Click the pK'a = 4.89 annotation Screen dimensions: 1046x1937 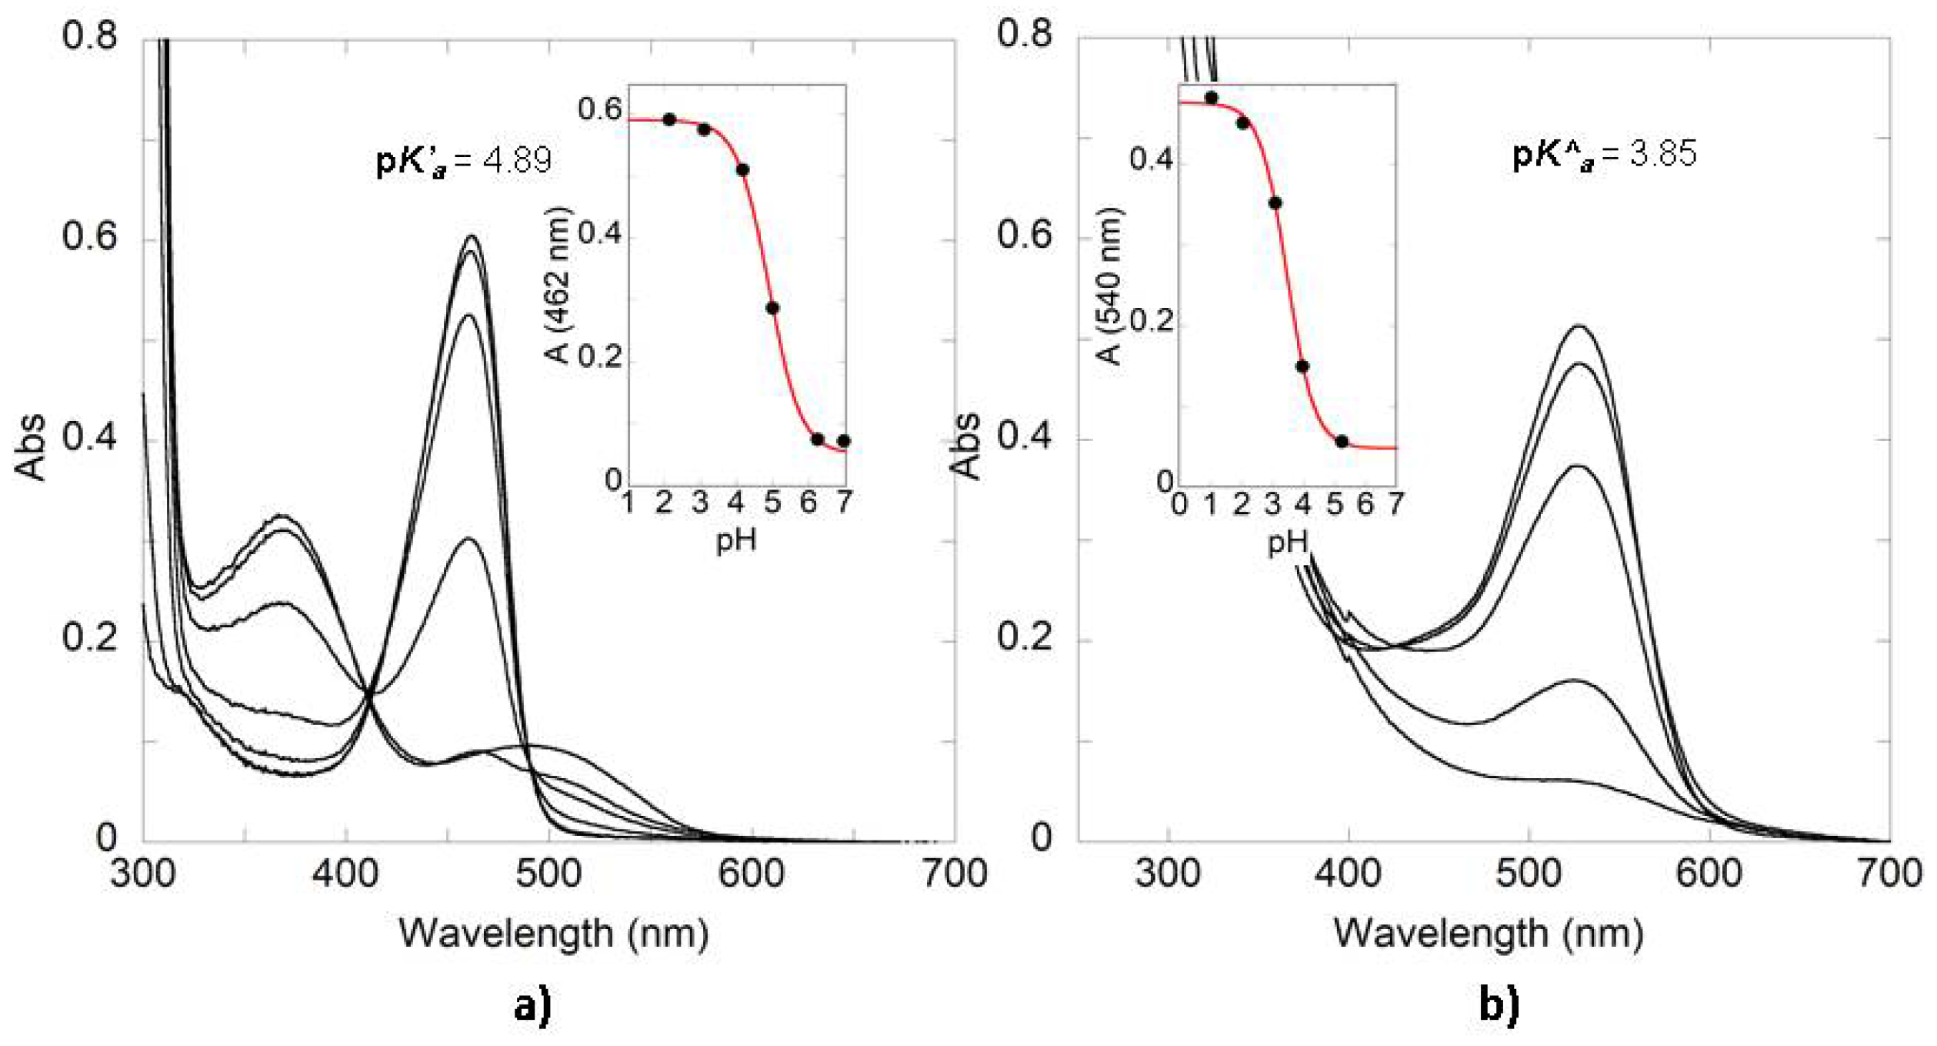coord(464,160)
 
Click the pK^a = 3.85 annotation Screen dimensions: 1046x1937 coord(1604,154)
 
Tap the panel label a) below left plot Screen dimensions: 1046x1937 coord(533,1006)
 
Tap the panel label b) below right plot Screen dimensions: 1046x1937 coord(1499,1006)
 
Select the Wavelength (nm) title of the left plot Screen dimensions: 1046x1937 coord(553,934)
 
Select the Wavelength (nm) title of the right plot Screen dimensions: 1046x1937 coord(1489,934)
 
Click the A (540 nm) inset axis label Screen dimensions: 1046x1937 coord(1109,286)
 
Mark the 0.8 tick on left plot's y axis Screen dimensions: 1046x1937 coord(90,35)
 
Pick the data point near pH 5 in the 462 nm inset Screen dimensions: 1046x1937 coord(772,308)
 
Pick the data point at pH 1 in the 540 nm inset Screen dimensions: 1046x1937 coord(1212,98)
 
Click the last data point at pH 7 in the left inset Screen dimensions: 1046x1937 coord(844,441)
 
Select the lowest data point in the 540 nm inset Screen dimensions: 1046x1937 coord(1342,441)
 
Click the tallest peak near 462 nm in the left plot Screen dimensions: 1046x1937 coord(472,236)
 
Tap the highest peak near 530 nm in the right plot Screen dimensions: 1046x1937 coord(1579,326)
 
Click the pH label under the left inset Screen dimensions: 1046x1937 coord(736,541)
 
